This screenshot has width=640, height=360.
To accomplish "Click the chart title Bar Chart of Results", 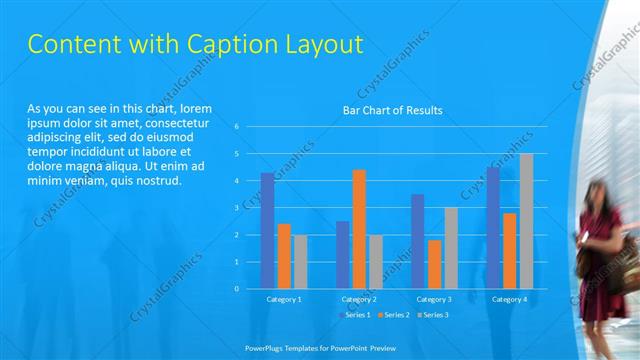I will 392,110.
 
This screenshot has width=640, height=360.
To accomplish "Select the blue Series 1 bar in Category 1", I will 267,231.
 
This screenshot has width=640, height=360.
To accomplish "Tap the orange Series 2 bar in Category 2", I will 359,229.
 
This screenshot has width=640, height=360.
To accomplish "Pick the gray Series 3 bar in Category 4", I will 526,221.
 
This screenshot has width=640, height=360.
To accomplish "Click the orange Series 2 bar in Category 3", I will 434,264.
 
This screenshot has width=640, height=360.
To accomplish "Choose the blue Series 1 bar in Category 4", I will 493,228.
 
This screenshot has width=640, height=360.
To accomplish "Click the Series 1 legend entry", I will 357,315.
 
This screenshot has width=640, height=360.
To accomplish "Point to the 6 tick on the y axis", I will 237,127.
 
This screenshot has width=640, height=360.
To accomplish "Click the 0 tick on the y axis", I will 237,289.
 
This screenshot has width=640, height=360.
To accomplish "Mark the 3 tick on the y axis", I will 237,208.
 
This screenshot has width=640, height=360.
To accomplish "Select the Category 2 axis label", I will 359,299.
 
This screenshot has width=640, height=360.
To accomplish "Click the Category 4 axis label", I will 509,299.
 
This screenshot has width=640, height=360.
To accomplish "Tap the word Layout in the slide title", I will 323,45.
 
